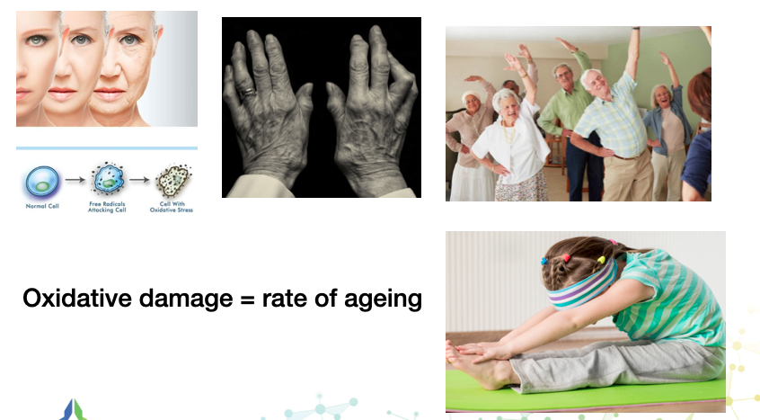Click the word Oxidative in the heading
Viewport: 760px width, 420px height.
click(x=77, y=299)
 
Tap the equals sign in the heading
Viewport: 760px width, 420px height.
click(x=247, y=299)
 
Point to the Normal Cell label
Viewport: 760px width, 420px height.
click(x=42, y=206)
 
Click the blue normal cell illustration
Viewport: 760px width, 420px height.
click(x=42, y=182)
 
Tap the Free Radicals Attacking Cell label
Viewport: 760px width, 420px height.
click(x=107, y=207)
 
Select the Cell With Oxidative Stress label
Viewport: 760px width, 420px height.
click(x=172, y=207)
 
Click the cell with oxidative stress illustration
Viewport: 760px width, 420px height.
click(x=173, y=181)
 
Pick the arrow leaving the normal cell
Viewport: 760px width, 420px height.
click(x=75, y=180)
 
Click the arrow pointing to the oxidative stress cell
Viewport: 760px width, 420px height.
click(x=139, y=180)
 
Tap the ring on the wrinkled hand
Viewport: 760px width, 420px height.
click(x=248, y=92)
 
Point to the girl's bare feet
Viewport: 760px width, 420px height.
click(x=473, y=362)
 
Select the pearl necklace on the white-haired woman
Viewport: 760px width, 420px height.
click(x=508, y=133)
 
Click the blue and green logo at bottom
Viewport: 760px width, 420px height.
click(x=74, y=410)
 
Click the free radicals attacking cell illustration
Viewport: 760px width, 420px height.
click(x=108, y=179)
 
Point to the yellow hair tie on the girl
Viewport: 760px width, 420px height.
click(x=602, y=260)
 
